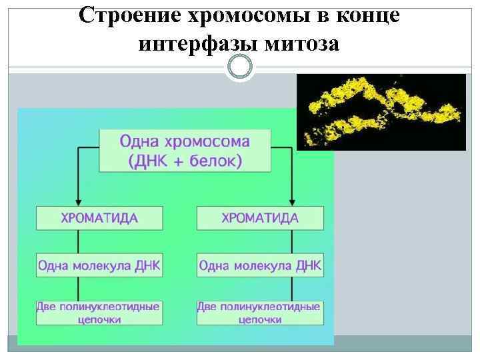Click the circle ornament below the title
tap(240, 67)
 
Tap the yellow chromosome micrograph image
tap(381, 111)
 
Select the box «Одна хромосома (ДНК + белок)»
tap(185, 151)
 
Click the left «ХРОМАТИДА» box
tap(99, 219)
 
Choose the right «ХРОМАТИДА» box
tap(260, 219)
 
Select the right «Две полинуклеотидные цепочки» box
tap(259, 313)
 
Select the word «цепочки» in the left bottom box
tap(99, 319)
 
